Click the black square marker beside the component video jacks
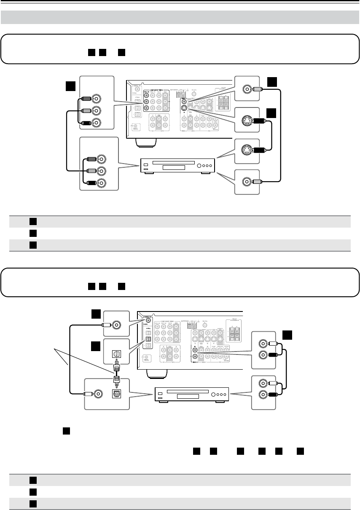[x=70, y=86]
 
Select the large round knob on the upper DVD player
[x=197, y=165]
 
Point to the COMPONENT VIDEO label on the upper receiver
[x=157, y=89]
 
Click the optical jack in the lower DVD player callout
[x=115, y=395]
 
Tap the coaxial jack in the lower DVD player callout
[x=98, y=395]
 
